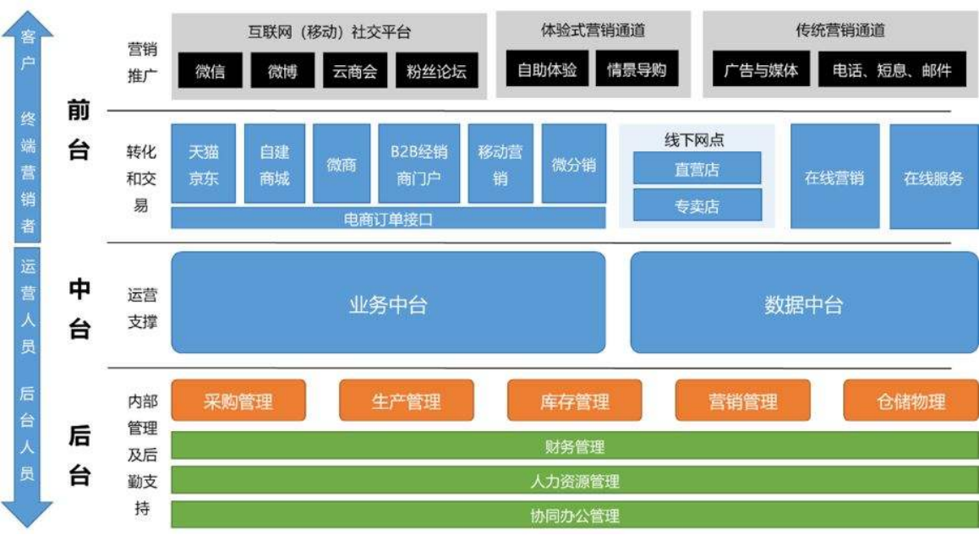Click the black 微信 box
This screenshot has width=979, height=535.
click(x=210, y=71)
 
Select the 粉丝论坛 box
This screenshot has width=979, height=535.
click(x=436, y=71)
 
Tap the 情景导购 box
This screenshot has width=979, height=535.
click(x=637, y=69)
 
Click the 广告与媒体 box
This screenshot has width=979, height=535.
click(x=761, y=70)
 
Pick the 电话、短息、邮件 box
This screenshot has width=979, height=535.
click(x=892, y=70)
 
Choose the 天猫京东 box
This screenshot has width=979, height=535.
click(x=204, y=164)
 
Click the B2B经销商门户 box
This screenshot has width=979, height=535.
click(x=418, y=164)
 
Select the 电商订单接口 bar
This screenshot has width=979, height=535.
click(x=388, y=219)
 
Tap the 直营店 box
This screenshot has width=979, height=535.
click(x=697, y=168)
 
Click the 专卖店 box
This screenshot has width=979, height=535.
click(x=697, y=205)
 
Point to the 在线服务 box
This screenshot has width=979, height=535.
click(x=933, y=177)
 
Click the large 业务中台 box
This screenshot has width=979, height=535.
click(x=388, y=303)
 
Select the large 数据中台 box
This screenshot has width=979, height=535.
click(x=803, y=303)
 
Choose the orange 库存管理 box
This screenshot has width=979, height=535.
click(x=574, y=401)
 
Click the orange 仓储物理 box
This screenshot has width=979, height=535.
click(x=911, y=401)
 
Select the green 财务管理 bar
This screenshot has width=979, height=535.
click(x=574, y=446)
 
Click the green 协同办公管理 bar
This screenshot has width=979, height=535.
click(x=574, y=515)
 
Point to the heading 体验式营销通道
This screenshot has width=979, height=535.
click(x=593, y=30)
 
